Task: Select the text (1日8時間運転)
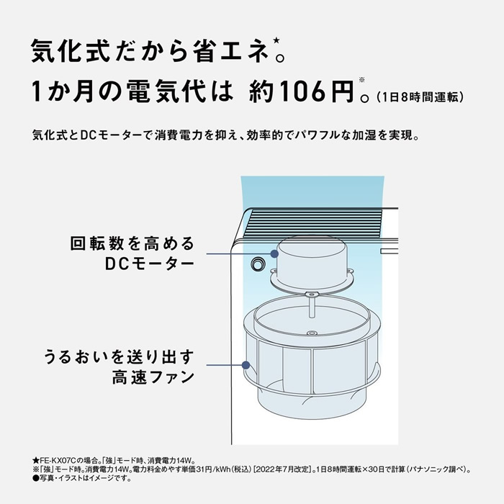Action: [424, 96]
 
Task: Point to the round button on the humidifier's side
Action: [256, 264]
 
